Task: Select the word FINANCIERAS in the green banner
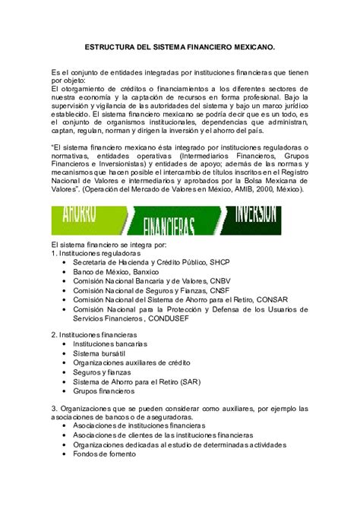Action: [x=169, y=225]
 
